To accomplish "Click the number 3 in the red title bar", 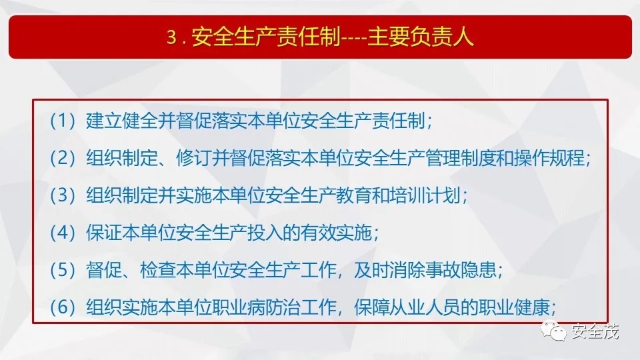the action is click(171, 37).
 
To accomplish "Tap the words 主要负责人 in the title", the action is click(421, 37).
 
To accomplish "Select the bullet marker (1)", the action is click(63, 121).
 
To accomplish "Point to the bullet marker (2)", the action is click(63, 158).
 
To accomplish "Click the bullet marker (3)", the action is click(63, 195).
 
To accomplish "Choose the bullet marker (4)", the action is click(63, 233).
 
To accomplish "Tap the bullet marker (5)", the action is click(63, 270).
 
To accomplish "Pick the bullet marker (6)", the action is click(63, 307).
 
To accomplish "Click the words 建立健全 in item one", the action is click(121, 121).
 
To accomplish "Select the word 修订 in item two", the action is click(194, 158).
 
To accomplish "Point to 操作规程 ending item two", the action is click(549, 158).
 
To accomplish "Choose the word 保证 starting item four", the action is click(104, 233).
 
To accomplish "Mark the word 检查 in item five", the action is click(157, 270).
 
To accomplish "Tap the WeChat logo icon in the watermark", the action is click(553, 330).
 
